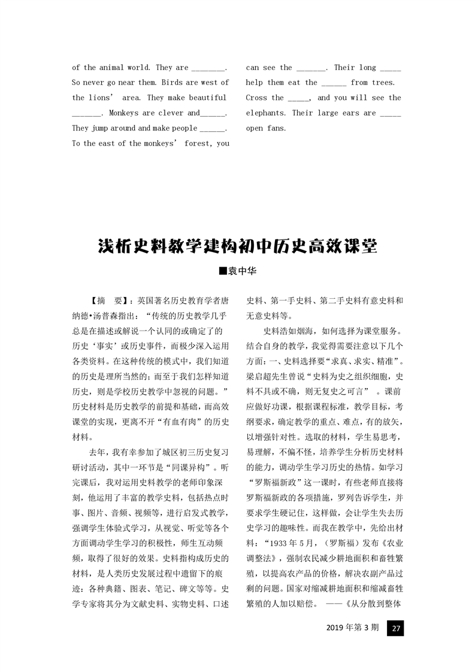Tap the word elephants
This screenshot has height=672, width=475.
[x=266, y=113]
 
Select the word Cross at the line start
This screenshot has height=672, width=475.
[x=256, y=98]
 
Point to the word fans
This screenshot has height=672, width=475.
[x=277, y=128]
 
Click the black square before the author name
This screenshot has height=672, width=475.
[x=222, y=271]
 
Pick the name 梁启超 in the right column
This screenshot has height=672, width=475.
[x=259, y=376]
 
